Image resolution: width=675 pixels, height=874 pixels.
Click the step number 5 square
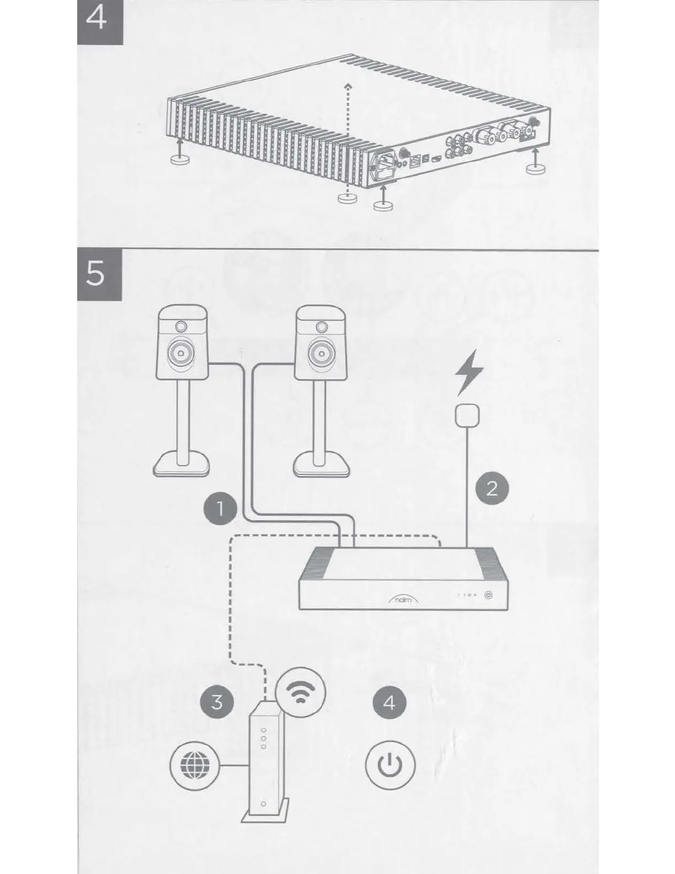pos(98,274)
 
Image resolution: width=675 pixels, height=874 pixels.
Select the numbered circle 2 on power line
pos(491,488)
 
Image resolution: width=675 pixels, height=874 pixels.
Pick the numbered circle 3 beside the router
pos(216,702)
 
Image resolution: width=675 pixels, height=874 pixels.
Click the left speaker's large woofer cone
pos(183,351)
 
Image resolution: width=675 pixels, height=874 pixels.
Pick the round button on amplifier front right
pos(488,595)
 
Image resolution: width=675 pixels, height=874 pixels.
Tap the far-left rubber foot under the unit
pos(178,159)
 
